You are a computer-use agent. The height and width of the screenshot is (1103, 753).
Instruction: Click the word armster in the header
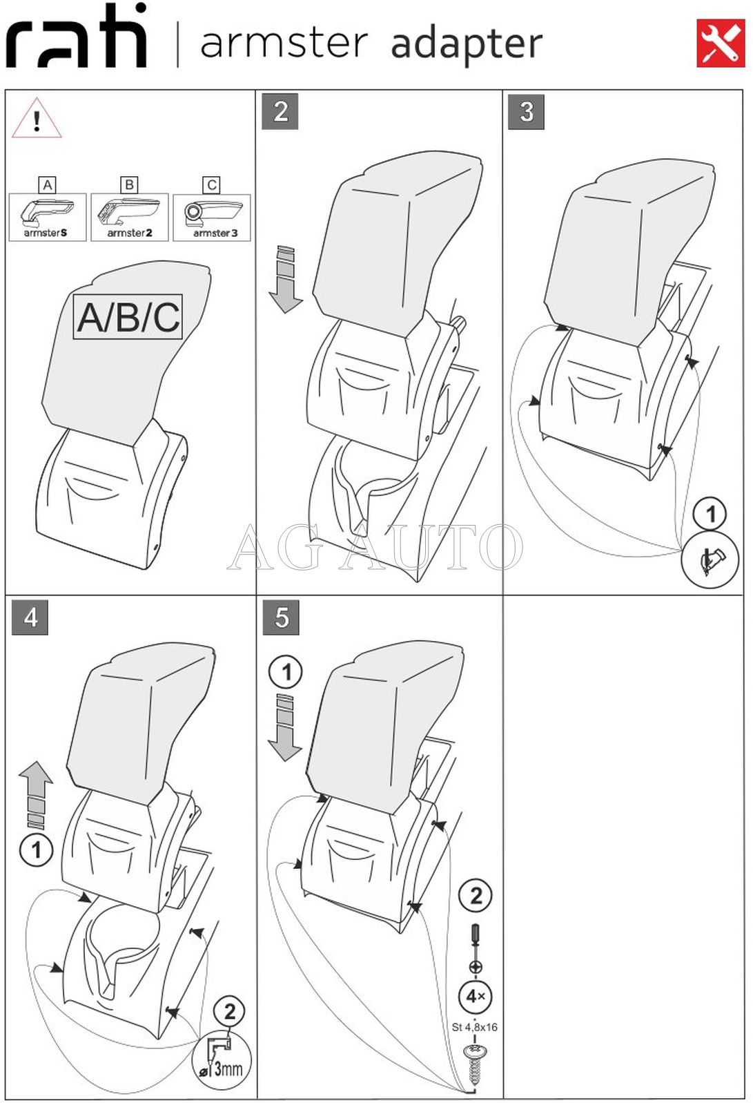click(284, 43)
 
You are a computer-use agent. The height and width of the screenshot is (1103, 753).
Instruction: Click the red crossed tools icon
click(721, 44)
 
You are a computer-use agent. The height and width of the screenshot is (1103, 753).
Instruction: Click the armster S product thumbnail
click(48, 217)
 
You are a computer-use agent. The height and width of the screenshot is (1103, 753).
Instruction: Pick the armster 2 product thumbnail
click(130, 217)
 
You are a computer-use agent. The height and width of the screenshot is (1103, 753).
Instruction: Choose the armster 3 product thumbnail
click(212, 217)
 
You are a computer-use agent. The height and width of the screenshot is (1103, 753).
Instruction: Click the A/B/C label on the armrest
click(128, 317)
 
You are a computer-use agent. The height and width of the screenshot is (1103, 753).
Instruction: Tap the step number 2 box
click(280, 112)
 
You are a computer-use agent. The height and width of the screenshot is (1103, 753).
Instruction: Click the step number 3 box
click(526, 112)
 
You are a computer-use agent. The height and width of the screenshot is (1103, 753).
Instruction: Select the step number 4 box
click(30, 617)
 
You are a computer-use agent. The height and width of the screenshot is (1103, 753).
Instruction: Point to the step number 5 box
click(281, 617)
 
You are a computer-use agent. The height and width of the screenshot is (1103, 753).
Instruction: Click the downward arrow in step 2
click(286, 279)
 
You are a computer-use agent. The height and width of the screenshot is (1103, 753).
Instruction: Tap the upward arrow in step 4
click(36, 794)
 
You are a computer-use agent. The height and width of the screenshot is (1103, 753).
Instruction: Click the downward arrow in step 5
click(285, 728)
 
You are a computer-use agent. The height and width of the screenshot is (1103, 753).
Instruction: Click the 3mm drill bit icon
click(222, 1059)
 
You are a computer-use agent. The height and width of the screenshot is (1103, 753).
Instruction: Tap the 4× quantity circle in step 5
click(476, 996)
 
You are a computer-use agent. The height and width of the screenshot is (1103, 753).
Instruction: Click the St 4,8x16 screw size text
click(475, 1027)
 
